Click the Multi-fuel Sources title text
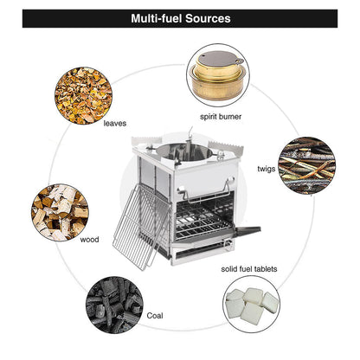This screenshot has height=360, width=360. coord(181,18)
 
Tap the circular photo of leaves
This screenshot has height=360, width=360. coord(83,95)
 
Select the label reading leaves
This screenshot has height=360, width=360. coord(115,124)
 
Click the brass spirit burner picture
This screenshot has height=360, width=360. coord(218,75)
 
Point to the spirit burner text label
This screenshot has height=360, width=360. coord(221,117)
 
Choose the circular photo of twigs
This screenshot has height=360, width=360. coord(307,165)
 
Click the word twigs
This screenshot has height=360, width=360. coord(267,169)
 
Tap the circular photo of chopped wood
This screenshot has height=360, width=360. coord(60,213)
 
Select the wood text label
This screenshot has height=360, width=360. coord(89,240)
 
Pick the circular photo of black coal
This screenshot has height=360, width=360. coord(114,305)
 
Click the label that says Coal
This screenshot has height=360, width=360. coord(155,316)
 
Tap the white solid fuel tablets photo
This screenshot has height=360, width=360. coord(252,305)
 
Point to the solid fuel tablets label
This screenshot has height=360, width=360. coord(249,269)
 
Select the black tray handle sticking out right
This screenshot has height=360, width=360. coord(248,230)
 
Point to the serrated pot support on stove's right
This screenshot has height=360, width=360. coord(226,146)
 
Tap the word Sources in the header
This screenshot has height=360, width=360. coord(208,18)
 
